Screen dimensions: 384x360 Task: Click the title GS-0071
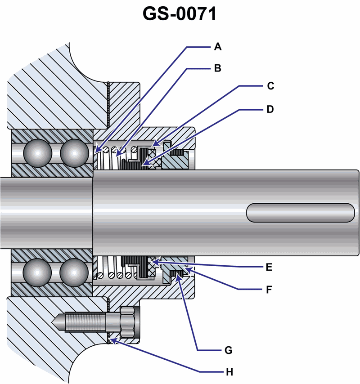[180, 14]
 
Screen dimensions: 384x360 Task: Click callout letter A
[218, 46]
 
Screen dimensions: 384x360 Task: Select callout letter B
[218, 68]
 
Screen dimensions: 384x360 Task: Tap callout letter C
[270, 86]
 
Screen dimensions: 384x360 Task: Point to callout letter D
[270, 109]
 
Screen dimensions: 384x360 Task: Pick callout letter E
[269, 268]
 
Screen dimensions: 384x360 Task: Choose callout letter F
[269, 289]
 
